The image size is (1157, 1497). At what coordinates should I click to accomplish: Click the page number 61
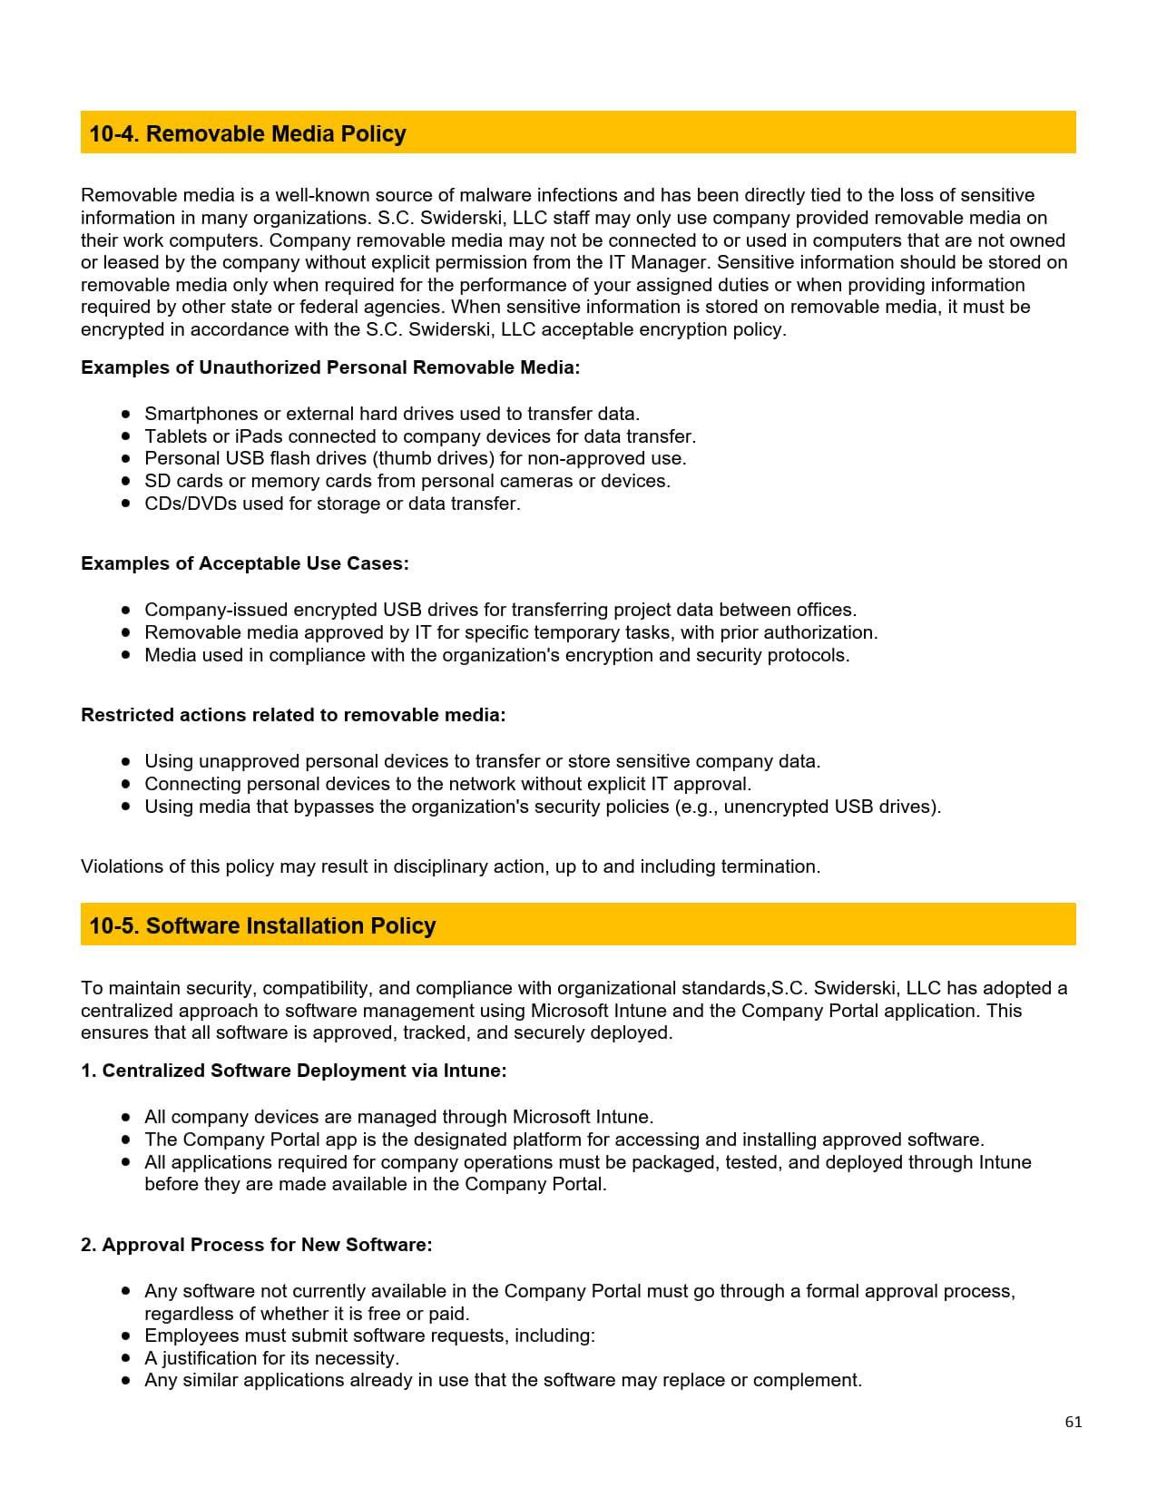(1073, 1422)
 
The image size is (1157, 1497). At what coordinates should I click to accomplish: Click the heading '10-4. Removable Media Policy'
(247, 133)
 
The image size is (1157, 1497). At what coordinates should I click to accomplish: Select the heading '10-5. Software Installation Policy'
(262, 925)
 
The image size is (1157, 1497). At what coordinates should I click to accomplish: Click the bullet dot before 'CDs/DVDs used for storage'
(126, 503)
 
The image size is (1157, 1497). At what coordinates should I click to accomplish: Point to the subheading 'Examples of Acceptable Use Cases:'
(245, 563)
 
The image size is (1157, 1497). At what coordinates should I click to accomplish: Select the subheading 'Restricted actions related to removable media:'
(293, 715)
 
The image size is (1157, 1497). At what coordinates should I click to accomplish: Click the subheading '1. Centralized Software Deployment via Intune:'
(293, 1071)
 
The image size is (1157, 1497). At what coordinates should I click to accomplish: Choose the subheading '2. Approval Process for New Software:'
(256, 1245)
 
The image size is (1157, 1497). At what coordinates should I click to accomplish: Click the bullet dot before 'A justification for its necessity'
(126, 1357)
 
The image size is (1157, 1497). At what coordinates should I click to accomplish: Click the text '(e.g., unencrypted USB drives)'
(807, 807)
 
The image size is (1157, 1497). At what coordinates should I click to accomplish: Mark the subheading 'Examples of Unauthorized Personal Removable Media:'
(330, 367)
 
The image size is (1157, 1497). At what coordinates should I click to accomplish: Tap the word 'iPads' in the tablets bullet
(259, 436)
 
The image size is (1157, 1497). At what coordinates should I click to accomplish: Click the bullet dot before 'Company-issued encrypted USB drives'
(126, 610)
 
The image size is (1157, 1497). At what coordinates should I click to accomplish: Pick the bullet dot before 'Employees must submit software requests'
(126, 1336)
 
